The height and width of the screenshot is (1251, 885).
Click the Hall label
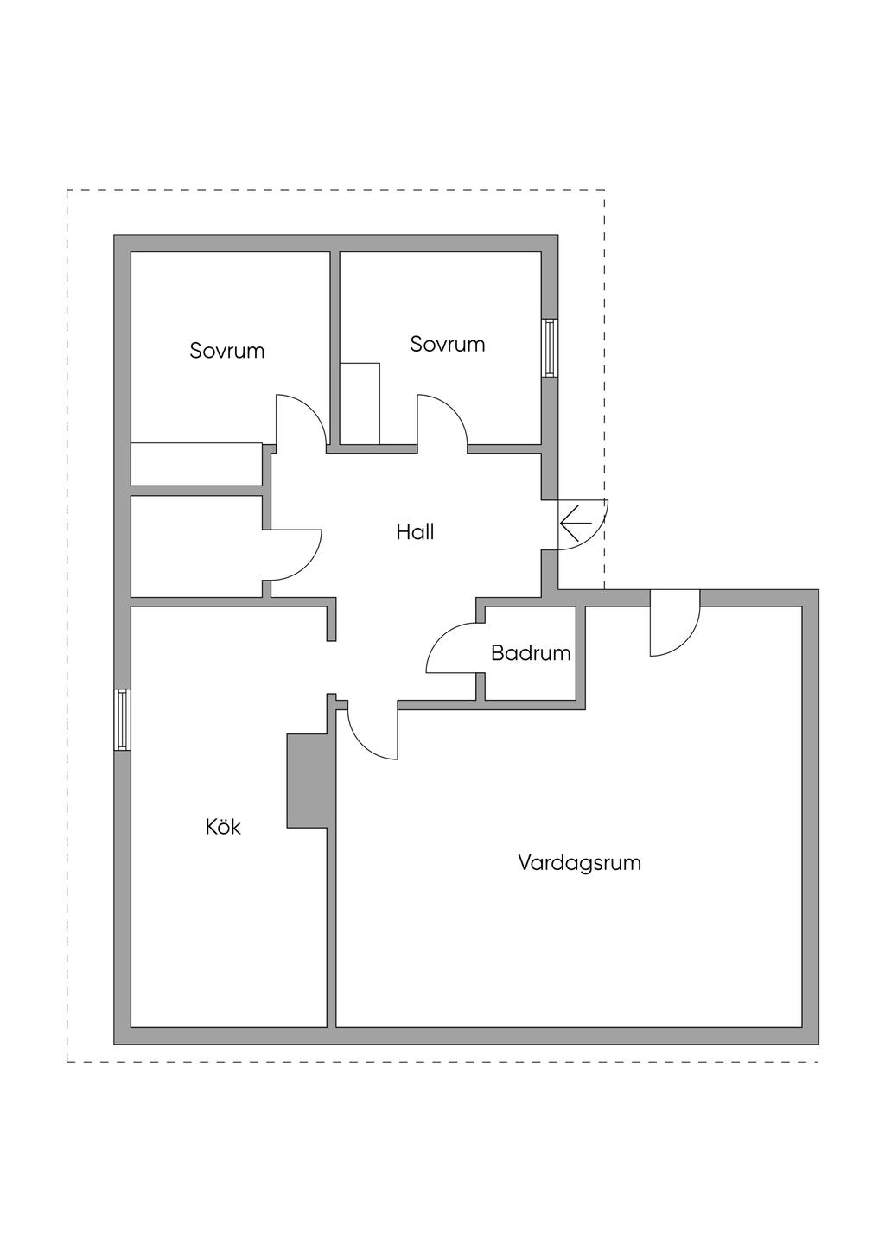click(415, 531)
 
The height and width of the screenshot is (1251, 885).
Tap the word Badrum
click(531, 653)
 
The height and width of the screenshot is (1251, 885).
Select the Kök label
click(223, 827)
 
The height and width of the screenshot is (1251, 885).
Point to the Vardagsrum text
click(579, 863)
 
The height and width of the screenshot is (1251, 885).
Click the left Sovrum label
click(226, 351)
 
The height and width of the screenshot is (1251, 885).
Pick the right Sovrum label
click(447, 344)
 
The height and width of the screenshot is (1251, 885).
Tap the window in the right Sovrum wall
click(550, 347)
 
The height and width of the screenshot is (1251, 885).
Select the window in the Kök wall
click(122, 720)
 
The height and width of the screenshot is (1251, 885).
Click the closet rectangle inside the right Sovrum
click(360, 403)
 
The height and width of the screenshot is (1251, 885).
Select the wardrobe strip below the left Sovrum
click(197, 464)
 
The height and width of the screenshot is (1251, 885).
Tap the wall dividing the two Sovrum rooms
click(334, 349)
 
